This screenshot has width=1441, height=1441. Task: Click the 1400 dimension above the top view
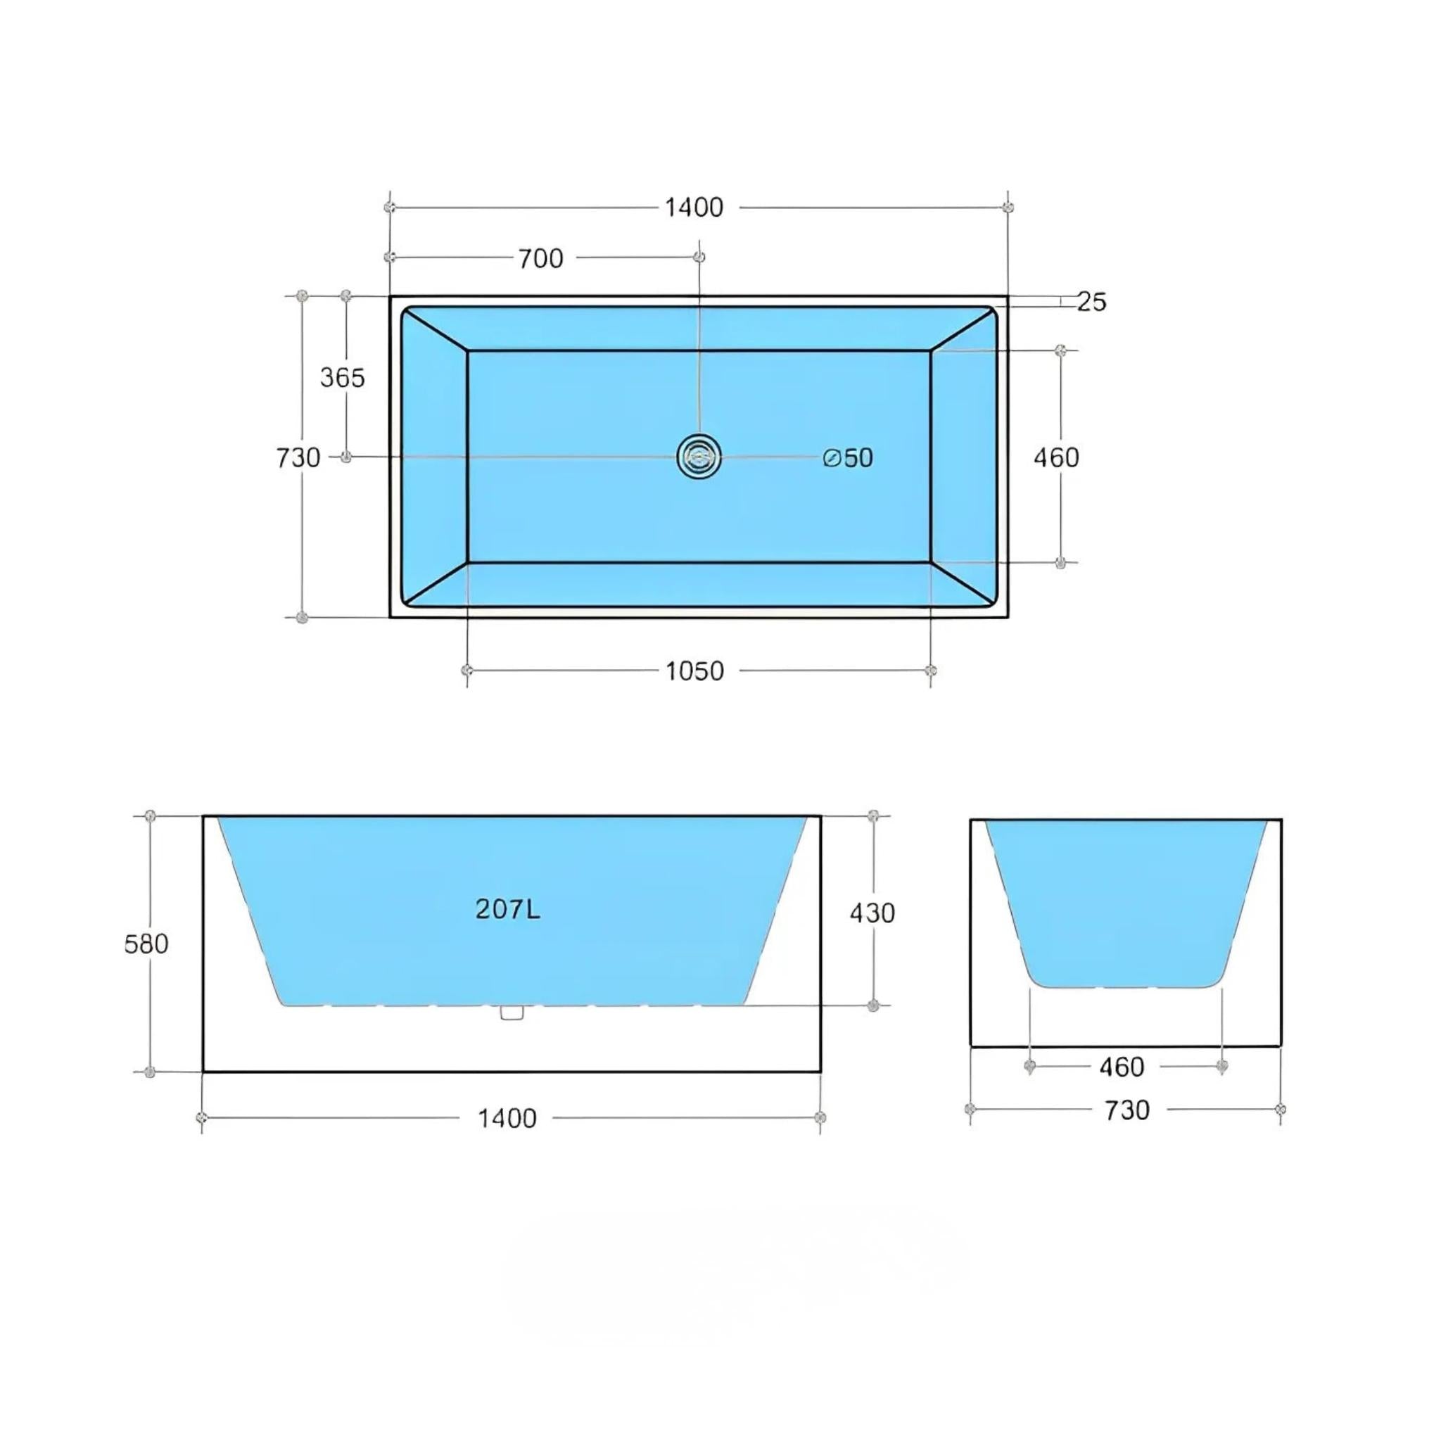pos(694,208)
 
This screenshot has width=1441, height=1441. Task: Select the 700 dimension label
pos(541,259)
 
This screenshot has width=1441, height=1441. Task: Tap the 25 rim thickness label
pos(1091,301)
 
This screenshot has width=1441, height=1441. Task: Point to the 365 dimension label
pos(343,377)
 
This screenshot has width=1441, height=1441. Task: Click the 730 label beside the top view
pos(298,457)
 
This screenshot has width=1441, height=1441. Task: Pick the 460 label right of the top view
pos(1056,457)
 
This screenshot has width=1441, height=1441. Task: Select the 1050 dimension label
pos(694,671)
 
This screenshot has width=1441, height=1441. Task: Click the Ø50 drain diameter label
pos(848,457)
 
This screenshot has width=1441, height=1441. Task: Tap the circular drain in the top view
pos(699,457)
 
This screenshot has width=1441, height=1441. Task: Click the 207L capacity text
pos(508,908)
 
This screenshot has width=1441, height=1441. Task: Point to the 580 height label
pos(146,944)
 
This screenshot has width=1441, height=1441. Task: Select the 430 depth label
pos(872,912)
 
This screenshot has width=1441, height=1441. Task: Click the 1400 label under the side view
pos(507,1118)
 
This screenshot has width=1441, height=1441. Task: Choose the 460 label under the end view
pos(1122,1067)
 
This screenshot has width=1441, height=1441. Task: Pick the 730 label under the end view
pos(1127,1110)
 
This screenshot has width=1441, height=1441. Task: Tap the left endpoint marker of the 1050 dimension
pos(467,671)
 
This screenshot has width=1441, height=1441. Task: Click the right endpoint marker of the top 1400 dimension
pos(1008,207)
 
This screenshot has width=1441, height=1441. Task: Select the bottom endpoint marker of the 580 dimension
pos(150,1072)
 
